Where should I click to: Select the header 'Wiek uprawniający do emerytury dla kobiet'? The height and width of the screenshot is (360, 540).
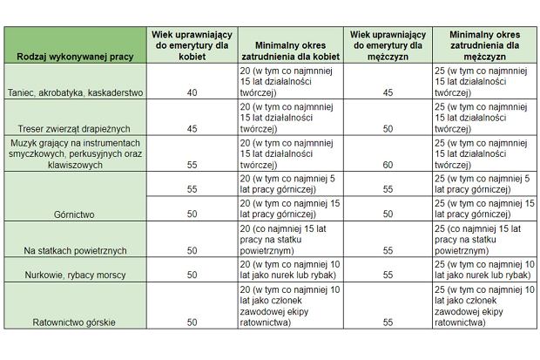(191, 44)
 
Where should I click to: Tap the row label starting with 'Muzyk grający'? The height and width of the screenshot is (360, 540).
(75, 153)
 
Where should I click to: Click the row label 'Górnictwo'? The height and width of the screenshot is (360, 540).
(75, 214)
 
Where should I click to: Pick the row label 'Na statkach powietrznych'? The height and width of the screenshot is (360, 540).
(75, 250)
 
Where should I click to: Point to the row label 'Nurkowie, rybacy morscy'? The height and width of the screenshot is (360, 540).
(75, 275)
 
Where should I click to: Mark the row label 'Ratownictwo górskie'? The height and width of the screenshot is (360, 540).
(75, 322)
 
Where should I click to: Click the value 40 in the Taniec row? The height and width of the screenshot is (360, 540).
(191, 92)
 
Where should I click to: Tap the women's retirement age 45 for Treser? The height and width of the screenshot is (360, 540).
(191, 128)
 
